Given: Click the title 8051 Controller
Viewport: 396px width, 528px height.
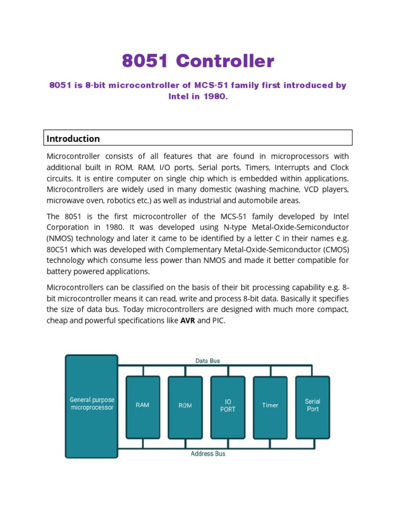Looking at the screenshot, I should tap(198, 61).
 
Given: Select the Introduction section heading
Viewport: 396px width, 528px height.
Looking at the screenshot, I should tap(73, 138).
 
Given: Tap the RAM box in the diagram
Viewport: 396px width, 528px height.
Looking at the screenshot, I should tap(143, 405).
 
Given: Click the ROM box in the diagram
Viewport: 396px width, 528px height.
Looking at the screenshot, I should tap(185, 406).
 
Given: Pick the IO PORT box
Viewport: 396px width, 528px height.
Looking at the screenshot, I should tap(227, 405).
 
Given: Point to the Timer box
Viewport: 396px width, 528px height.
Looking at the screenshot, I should tap(270, 405).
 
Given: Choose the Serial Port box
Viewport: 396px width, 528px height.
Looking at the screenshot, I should tap(312, 405).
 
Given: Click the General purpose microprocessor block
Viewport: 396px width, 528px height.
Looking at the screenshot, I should tap(91, 404).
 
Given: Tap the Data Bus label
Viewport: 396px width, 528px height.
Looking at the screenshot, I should tap(207, 361).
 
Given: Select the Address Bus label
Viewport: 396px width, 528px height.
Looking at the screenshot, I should tap(208, 454).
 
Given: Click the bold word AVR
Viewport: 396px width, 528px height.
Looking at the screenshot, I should tap(187, 320).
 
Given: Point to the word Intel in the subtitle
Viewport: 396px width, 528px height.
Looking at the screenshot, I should tap(179, 96).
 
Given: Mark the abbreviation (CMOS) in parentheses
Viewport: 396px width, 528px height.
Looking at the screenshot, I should tap(333, 249).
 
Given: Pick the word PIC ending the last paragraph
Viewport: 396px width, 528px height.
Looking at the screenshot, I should tap(218, 320).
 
